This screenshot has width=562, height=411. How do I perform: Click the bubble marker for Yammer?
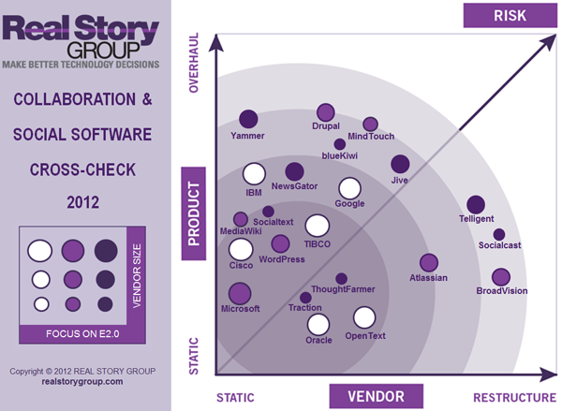tap(248, 119)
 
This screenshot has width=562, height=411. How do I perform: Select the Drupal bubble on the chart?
tap(326, 112)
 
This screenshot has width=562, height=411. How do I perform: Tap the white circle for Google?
tap(350, 188)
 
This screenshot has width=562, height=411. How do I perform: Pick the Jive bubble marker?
tap(400, 164)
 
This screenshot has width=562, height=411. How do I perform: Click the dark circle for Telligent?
tap(476, 204)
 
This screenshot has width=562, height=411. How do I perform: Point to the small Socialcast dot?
tap(499, 234)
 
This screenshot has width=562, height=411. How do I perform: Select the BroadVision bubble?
tap(501, 277)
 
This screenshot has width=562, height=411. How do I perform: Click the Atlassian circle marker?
tap(429, 263)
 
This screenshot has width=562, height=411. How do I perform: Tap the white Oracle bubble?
tap(319, 325)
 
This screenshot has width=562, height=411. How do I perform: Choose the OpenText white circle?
tap(364, 318)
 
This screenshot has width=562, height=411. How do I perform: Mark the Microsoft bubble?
tap(241, 292)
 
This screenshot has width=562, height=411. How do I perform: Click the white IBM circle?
tap(253, 174)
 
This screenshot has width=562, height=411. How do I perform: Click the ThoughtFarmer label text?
tap(343, 290)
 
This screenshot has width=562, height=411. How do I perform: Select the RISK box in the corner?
tap(511, 14)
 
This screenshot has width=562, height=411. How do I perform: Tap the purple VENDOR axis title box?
tap(368, 396)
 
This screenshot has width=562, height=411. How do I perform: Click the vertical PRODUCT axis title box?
tap(194, 213)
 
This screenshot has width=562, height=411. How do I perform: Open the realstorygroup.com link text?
tap(82, 382)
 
